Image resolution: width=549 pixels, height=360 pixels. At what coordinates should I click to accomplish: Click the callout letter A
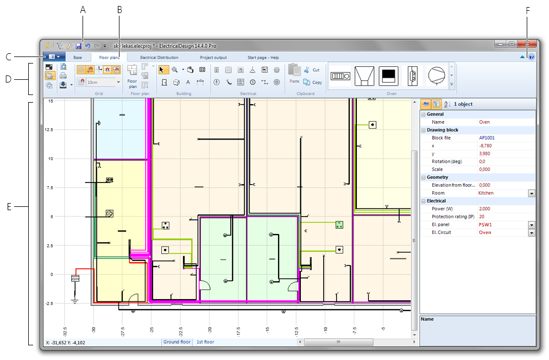[x=83, y=9]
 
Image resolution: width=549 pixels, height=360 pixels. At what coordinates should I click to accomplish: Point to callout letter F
[x=528, y=9]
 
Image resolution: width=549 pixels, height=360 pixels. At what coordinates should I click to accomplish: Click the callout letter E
[x=9, y=206]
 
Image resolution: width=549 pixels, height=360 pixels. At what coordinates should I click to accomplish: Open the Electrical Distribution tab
[x=159, y=57]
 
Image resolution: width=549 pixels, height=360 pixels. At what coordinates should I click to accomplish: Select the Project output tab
[x=213, y=57]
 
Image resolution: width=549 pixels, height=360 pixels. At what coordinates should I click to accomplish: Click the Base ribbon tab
[x=78, y=57]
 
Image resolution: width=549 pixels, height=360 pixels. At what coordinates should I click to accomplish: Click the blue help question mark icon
[x=532, y=56]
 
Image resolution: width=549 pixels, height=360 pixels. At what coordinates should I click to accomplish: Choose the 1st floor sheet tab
[x=205, y=342]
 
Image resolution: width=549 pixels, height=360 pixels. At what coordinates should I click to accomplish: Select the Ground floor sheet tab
[x=177, y=342]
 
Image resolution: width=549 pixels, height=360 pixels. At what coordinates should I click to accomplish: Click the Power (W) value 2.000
[x=484, y=209]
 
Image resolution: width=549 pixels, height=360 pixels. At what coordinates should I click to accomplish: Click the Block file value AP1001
[x=487, y=138]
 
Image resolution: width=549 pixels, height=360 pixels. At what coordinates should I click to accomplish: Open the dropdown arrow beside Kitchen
[x=532, y=193]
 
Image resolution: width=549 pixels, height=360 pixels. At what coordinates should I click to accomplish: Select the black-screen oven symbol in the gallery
[x=388, y=76]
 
